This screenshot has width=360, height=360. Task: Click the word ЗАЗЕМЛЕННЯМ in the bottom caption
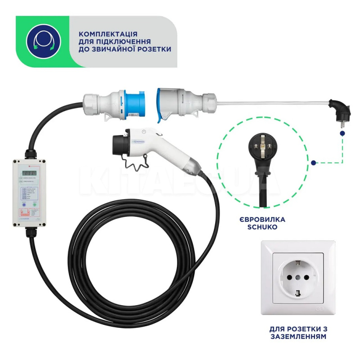pyautogui.click(x=297, y=336)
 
